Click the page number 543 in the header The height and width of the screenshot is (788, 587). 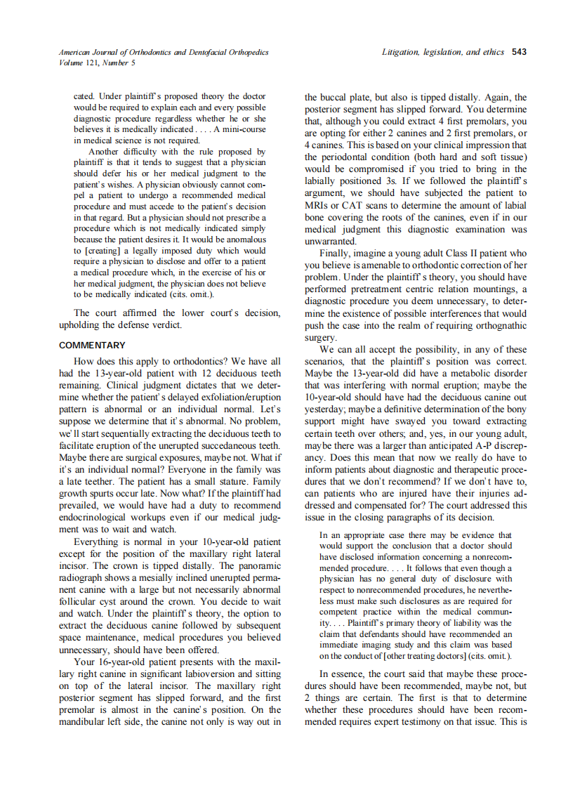(520, 52)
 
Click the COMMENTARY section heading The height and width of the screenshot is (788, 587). (92, 346)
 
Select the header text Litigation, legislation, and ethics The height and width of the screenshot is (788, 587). (442, 52)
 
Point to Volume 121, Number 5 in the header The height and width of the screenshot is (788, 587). (97, 63)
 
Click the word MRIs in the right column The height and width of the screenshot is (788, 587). (317, 204)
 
